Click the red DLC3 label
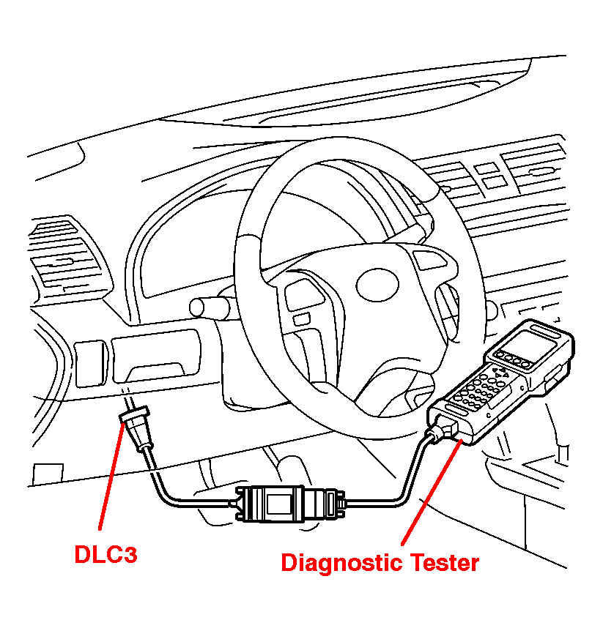tap(106, 554)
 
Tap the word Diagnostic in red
tap(341, 563)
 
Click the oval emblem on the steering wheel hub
tap(377, 285)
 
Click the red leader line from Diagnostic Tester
tap(432, 492)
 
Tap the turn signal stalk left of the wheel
tap(210, 308)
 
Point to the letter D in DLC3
tap(84, 554)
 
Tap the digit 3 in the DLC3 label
tap(130, 554)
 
